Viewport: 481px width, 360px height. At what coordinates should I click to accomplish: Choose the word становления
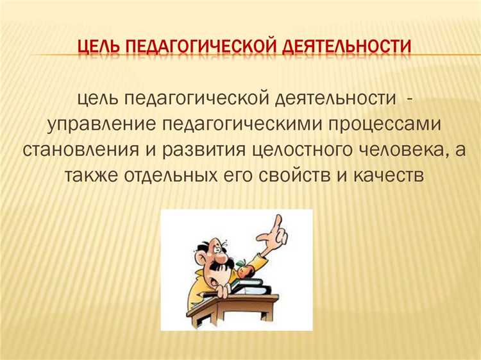pyautogui.click(x=86, y=150)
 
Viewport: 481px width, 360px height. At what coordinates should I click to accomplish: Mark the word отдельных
pyautogui.click(x=169, y=175)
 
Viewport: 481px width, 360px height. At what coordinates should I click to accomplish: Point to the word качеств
pyautogui.click(x=389, y=175)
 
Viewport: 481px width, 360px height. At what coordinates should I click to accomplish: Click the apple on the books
pyautogui.click(x=243, y=270)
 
